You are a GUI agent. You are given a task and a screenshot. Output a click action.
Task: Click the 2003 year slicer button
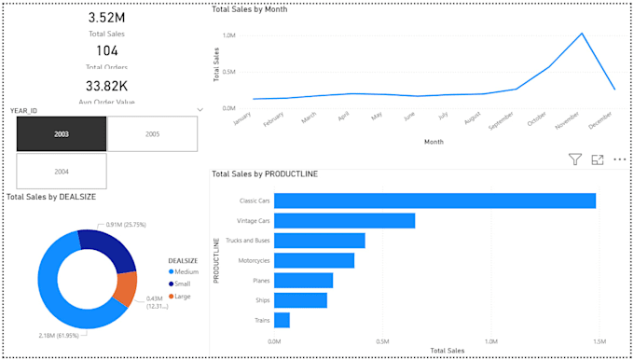point(62,134)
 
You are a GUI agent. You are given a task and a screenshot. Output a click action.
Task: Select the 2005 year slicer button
point(152,134)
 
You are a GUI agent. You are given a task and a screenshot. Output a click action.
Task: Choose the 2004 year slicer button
point(62,172)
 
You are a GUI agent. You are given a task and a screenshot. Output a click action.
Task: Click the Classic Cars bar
point(434,201)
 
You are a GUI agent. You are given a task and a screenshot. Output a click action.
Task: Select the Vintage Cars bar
point(344,221)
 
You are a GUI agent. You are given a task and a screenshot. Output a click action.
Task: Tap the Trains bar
point(282,321)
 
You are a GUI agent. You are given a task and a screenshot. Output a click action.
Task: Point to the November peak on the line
point(583,34)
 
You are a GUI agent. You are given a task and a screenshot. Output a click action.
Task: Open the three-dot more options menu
point(619,160)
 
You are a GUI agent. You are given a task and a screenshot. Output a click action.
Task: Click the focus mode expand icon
point(598,160)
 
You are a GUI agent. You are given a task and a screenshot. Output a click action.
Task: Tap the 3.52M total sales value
point(107,18)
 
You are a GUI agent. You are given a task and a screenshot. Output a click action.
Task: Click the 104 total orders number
point(107,50)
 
